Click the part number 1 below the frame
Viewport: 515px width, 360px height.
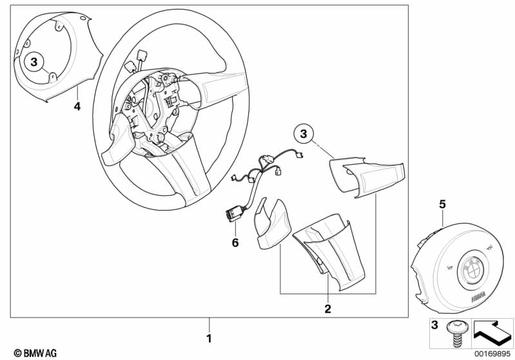pos(208,337)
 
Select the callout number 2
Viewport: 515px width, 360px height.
pos(327,309)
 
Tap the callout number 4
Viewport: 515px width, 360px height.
pos(77,106)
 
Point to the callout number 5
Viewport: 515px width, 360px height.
pos(442,204)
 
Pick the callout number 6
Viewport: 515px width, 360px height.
pos(235,243)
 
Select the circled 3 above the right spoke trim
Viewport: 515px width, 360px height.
pos(305,135)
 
